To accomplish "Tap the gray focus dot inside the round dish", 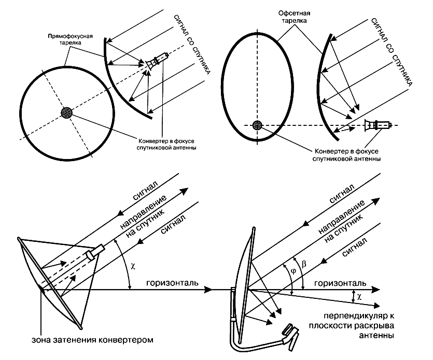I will [x=66, y=112].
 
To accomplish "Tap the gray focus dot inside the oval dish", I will [x=257, y=125].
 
